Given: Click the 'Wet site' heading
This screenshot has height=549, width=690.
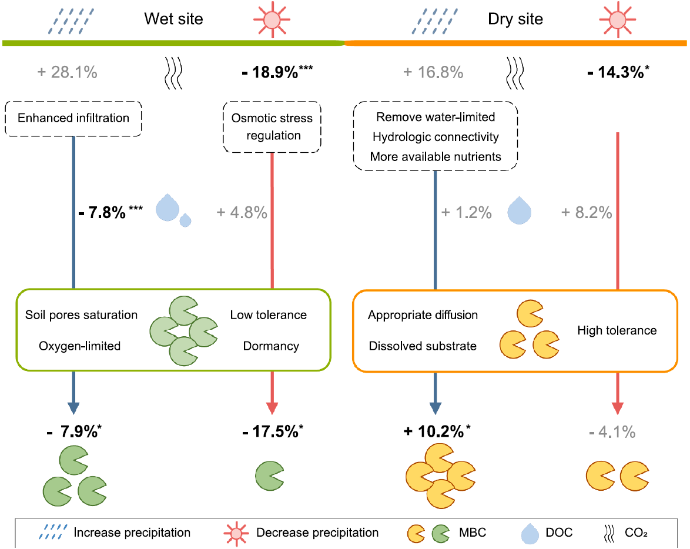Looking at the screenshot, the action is (173, 19).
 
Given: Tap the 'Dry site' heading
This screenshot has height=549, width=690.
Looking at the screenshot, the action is (515, 19).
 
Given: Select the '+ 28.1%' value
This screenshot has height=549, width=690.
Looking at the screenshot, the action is (68, 72).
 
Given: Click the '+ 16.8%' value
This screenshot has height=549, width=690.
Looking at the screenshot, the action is (433, 72).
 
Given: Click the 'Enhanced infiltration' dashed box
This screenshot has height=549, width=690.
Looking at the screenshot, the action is (73, 118).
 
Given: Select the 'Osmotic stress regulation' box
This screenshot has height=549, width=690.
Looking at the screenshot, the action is (272, 127).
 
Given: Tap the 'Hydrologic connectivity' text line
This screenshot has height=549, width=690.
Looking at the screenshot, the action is (436, 137).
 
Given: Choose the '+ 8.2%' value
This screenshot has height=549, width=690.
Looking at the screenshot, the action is (587, 212).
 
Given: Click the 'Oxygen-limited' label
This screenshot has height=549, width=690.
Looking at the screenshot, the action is (80, 346).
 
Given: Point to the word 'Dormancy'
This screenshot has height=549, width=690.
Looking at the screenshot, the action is (271, 346).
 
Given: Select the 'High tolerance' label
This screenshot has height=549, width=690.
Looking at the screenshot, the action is (617, 330).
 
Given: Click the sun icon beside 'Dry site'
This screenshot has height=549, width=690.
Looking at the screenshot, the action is (617, 20).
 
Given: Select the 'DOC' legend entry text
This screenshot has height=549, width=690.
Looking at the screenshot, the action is (559, 533).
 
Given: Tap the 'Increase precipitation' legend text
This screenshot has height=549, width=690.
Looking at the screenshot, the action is (132, 533).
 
